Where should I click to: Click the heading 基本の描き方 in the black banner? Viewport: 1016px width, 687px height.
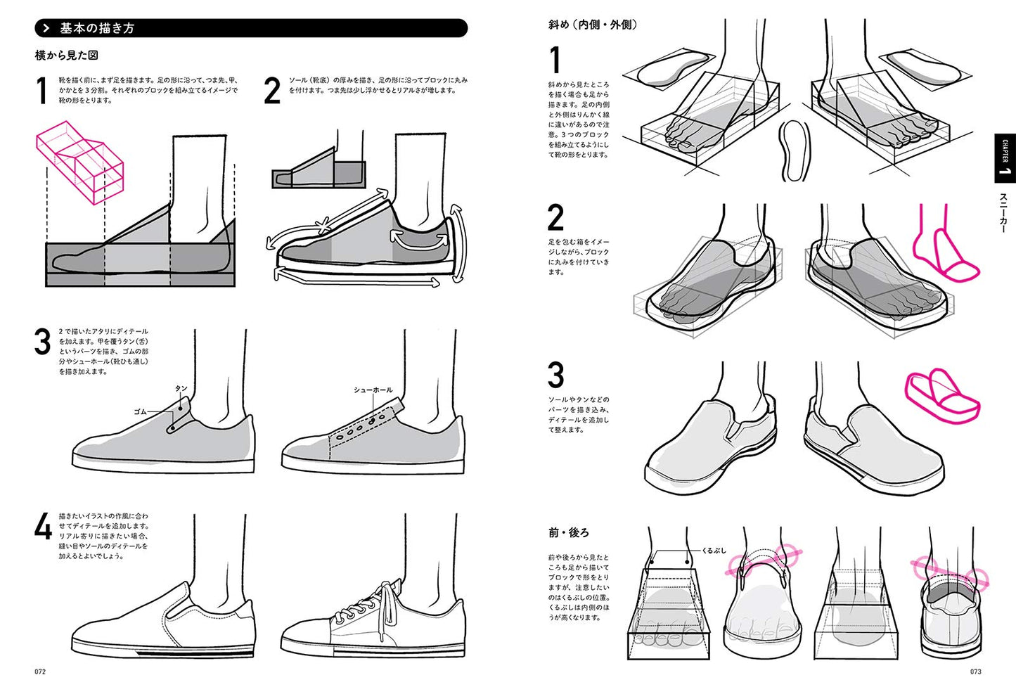[x=96, y=28]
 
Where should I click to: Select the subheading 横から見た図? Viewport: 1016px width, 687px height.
[x=67, y=55]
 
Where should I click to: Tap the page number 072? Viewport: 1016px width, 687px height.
[x=40, y=672]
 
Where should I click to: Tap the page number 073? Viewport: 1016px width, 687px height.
[x=975, y=672]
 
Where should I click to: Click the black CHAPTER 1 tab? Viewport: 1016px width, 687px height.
[x=1004, y=158]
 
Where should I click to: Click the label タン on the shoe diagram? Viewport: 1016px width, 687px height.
[x=181, y=388]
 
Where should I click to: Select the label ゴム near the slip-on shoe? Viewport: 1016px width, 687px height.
[x=140, y=411]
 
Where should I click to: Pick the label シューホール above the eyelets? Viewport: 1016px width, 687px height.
[x=373, y=390]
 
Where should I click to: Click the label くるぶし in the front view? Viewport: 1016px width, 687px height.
[x=714, y=551]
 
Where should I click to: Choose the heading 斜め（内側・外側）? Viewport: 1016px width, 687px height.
[x=593, y=25]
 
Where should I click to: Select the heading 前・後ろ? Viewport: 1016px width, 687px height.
[x=569, y=532]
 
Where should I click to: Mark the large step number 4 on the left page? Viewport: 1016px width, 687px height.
[x=43, y=527]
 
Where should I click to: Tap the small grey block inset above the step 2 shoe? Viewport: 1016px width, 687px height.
[x=319, y=169]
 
